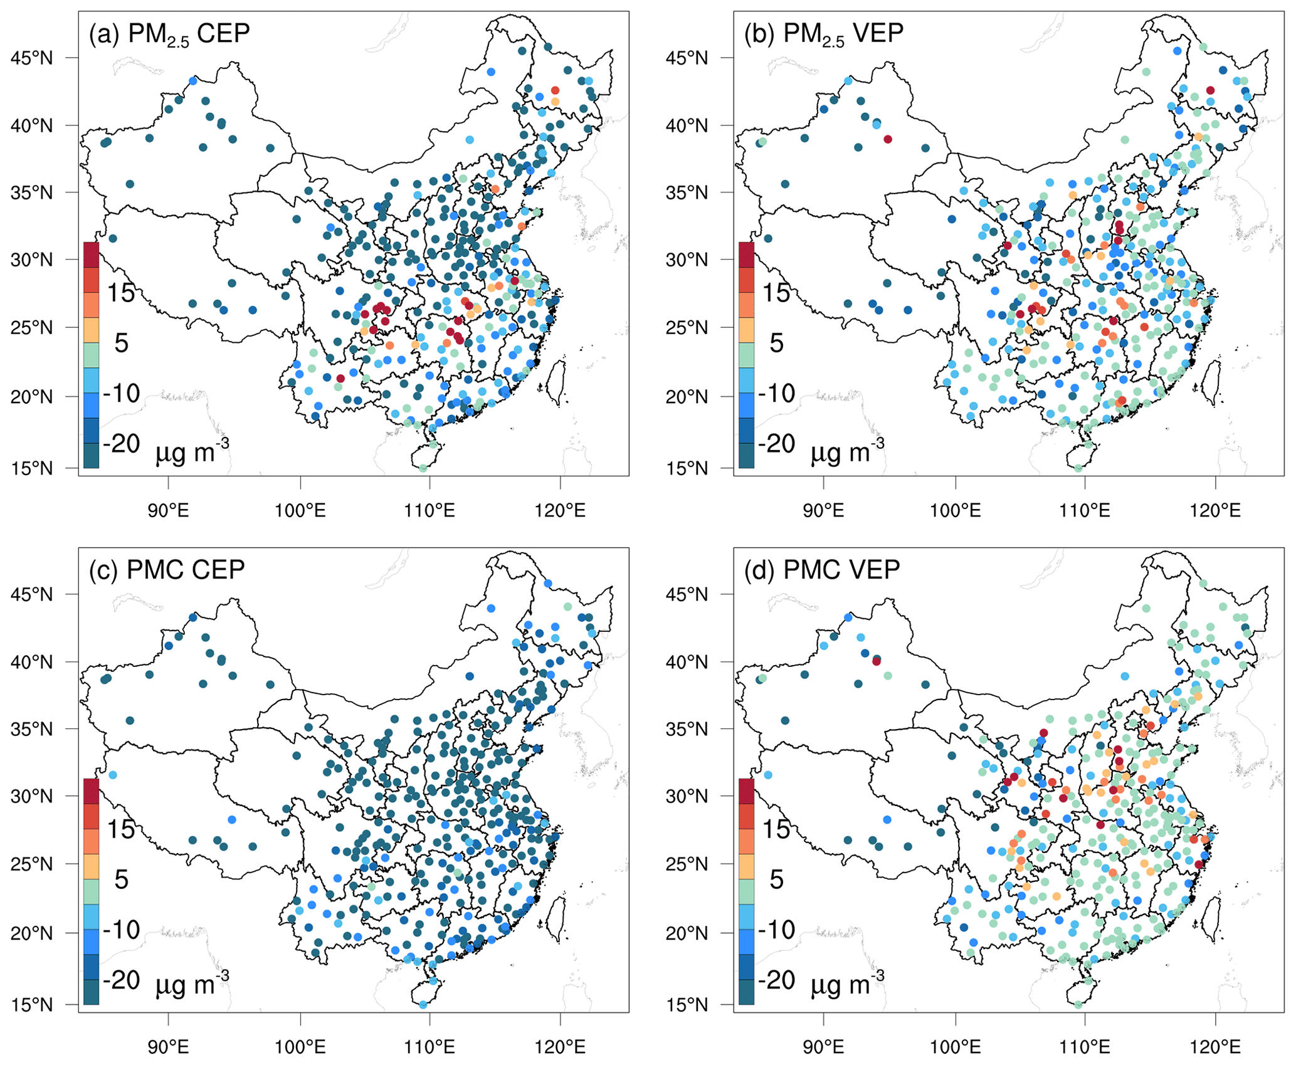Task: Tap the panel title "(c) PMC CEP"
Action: click(167, 570)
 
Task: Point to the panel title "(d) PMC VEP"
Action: click(822, 570)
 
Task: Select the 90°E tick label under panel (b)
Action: click(823, 510)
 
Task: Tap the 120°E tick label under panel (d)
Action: click(1215, 1047)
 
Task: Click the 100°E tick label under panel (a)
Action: click(300, 510)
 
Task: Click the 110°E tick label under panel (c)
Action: click(429, 1047)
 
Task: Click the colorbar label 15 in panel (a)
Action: click(121, 293)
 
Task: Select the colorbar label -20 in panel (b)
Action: click(777, 444)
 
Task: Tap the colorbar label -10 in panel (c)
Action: click(121, 930)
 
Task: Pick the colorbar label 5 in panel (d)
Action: click(776, 879)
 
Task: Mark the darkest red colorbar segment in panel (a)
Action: click(91, 255)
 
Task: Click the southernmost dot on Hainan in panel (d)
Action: click(1078, 1005)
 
